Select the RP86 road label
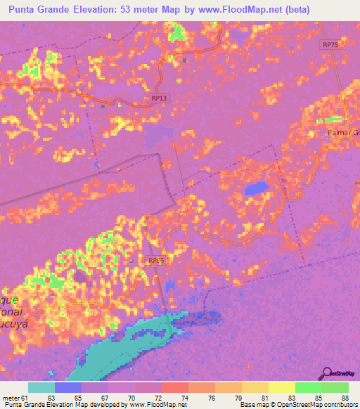(x=156, y=260)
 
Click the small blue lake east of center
(x=255, y=188)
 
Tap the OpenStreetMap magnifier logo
(x=328, y=372)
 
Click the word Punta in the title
(x=25, y=11)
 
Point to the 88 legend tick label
(x=344, y=398)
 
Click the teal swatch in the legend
(x=41, y=387)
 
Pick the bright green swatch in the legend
(x=308, y=387)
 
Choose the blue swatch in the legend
(x=68, y=387)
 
